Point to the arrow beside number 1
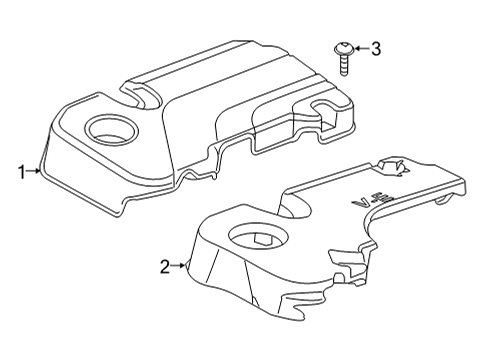36,172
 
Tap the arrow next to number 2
180,266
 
